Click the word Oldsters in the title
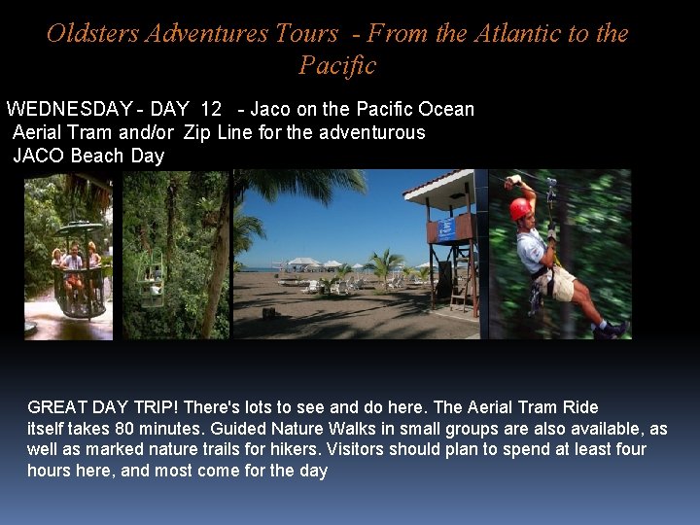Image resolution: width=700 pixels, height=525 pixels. pos(93,34)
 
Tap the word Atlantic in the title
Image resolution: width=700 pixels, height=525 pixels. pos(517,34)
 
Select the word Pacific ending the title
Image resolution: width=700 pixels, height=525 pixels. pos(336,66)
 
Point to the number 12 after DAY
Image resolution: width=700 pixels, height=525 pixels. pos(211,109)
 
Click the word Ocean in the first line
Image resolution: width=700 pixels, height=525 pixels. pos(446,109)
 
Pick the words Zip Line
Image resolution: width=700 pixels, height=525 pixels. pos(219,132)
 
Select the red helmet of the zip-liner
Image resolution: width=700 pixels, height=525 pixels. pos(521,208)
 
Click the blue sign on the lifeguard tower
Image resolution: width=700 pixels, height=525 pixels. pos(446,229)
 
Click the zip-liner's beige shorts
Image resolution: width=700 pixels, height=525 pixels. pos(561,281)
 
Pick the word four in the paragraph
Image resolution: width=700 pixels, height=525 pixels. pos(629,450)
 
